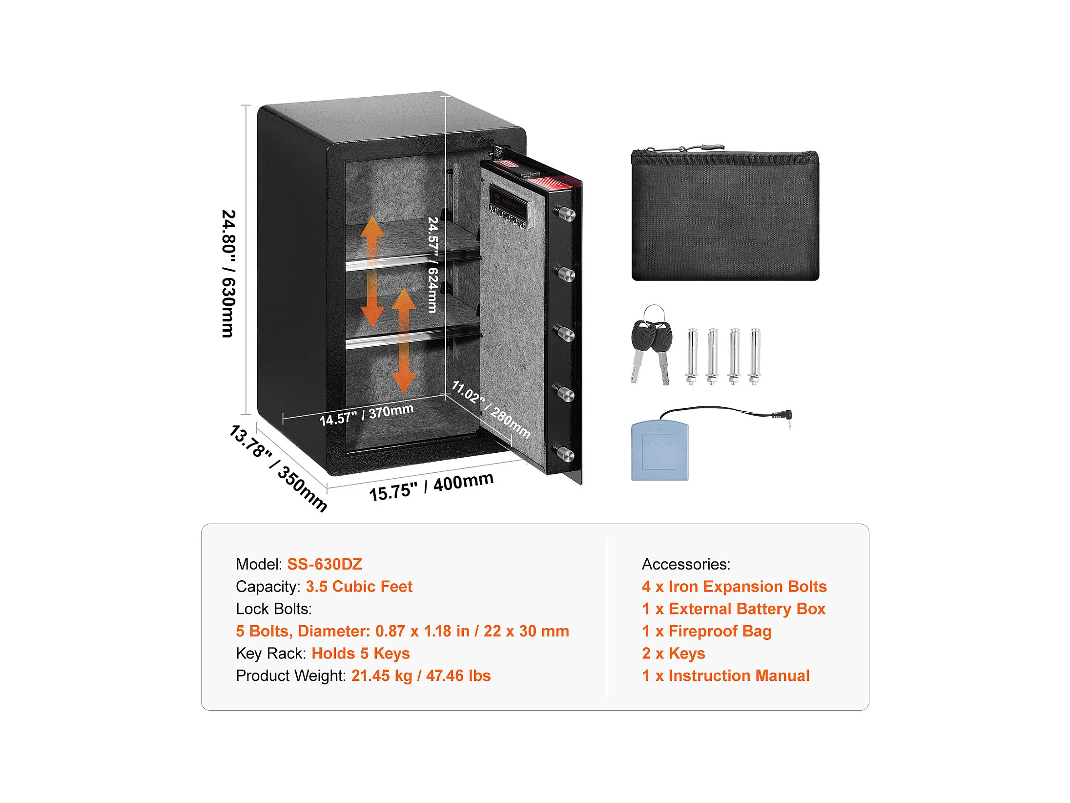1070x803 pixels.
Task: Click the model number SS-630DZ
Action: click(x=324, y=564)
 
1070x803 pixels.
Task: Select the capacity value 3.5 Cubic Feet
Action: click(x=359, y=586)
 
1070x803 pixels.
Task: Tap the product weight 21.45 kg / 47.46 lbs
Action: click(x=421, y=676)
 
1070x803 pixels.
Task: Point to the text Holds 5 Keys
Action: click(x=360, y=653)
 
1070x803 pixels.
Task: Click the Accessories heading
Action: click(x=686, y=564)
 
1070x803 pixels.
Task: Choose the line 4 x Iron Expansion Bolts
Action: click(x=734, y=586)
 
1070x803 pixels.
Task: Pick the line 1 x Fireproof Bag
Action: click(x=706, y=631)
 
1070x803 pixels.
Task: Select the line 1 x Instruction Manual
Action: click(x=725, y=676)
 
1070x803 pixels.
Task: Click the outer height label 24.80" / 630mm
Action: click(x=228, y=274)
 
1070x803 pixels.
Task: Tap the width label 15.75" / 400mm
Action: click(x=431, y=486)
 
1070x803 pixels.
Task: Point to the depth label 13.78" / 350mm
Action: click(x=278, y=468)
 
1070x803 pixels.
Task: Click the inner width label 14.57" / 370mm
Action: click(x=366, y=414)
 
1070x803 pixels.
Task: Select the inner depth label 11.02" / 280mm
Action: click(x=491, y=409)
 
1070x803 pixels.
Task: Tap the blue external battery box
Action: click(x=659, y=451)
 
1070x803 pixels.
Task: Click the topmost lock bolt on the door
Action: click(x=566, y=213)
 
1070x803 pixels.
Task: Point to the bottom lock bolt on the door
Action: click(x=566, y=454)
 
